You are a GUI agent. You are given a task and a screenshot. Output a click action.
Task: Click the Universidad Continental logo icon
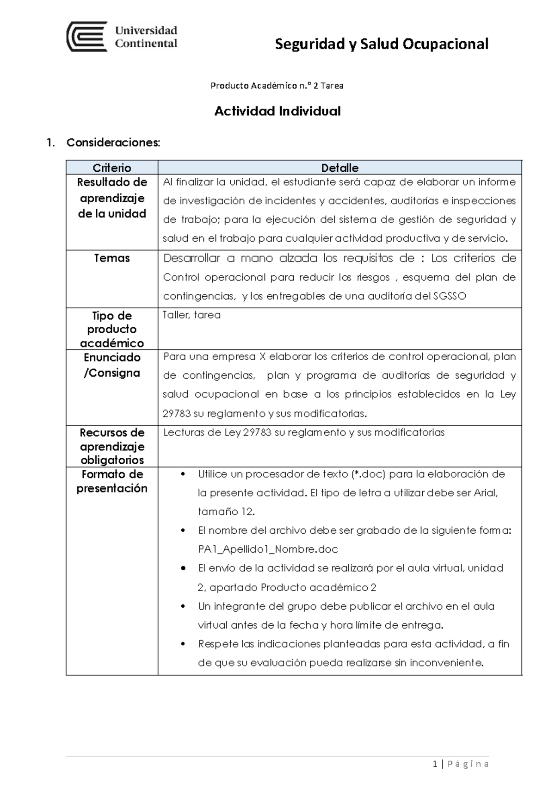[87, 37]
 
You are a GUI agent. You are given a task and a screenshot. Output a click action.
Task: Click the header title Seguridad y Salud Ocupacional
[382, 44]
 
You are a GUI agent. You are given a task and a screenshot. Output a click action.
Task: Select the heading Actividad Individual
[277, 111]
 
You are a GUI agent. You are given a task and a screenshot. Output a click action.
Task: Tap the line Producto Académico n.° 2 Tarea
[277, 86]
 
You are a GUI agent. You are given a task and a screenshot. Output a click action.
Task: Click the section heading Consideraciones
[113, 143]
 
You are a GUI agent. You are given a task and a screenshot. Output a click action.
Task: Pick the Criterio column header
[112, 168]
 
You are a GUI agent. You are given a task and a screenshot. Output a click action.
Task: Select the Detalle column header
[340, 168]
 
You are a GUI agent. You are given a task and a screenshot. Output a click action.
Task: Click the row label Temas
[112, 258]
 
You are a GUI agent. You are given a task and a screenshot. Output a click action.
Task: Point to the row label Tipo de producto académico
[112, 329]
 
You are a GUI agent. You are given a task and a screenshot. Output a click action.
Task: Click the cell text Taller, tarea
[191, 315]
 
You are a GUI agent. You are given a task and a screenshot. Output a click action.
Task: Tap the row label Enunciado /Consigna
[112, 365]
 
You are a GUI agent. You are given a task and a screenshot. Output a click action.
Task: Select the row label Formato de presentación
[112, 481]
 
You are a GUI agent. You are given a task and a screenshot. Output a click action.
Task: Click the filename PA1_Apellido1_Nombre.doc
[268, 549]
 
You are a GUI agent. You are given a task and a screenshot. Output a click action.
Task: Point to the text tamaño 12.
[226, 512]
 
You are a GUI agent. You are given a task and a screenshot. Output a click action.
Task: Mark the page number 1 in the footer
[435, 764]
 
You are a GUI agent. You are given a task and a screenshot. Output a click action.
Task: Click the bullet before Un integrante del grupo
[184, 606]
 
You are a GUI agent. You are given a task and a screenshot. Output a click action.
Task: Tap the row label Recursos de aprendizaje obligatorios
[112, 446]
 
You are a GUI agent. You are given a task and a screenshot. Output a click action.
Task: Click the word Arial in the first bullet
[485, 493]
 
